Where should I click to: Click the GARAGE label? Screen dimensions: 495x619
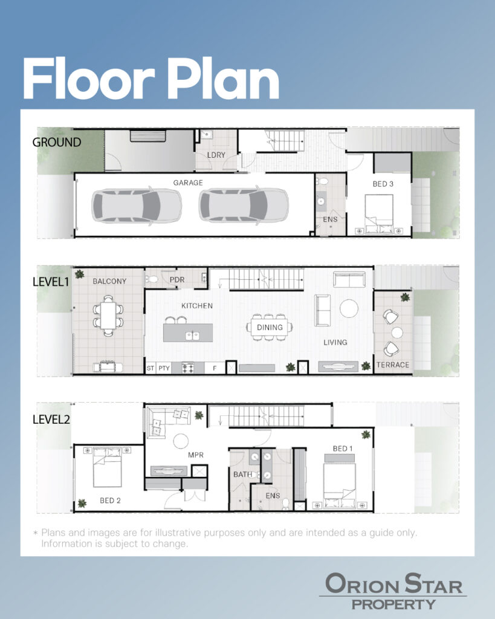tap(188, 183)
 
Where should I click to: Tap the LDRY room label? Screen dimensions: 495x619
tap(216, 155)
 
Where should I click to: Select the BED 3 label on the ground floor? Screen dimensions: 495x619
tap(383, 184)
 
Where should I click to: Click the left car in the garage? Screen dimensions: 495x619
tap(137, 206)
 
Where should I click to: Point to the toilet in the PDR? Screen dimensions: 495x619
tap(152, 279)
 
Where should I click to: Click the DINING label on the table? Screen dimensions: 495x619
tap(270, 327)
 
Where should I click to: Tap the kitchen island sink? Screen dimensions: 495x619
tap(192, 336)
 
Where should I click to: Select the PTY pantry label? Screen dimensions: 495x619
tap(164, 368)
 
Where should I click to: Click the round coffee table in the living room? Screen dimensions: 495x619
tap(349, 308)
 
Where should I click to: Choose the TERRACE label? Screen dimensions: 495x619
tap(393, 365)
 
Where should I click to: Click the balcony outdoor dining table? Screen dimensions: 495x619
tap(108, 316)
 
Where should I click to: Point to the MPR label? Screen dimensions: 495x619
tap(196, 455)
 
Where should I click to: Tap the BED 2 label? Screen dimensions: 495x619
tap(110, 501)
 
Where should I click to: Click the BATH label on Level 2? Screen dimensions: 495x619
tap(242, 474)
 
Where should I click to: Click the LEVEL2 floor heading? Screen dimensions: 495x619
tap(51, 420)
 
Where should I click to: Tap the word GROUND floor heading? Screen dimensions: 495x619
tap(57, 142)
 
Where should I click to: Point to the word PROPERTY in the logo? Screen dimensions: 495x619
tap(393, 604)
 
